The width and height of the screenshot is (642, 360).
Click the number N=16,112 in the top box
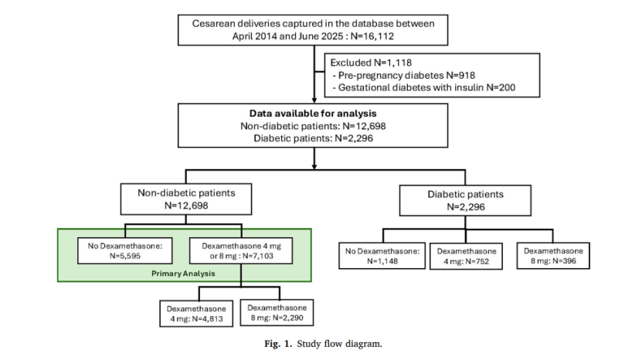(x=372, y=36)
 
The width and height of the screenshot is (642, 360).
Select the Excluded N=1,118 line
(x=371, y=63)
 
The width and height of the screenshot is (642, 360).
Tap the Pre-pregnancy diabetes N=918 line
(x=404, y=76)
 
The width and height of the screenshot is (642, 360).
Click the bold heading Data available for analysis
(x=313, y=114)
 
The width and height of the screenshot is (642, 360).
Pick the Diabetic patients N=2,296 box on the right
(x=465, y=200)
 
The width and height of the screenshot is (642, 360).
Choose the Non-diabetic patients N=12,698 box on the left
(x=186, y=199)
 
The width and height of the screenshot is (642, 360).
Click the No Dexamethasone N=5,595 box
(x=125, y=250)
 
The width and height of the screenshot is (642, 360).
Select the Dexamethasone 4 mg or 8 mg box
(x=241, y=250)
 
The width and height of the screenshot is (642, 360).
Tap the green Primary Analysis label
(x=183, y=273)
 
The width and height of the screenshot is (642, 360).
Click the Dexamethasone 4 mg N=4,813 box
(x=196, y=314)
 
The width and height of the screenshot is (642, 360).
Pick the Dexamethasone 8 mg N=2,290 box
(x=277, y=313)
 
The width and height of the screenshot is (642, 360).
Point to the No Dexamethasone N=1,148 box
(x=382, y=256)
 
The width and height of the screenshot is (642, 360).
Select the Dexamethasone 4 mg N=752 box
(x=466, y=256)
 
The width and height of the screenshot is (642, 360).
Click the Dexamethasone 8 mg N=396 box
(x=553, y=256)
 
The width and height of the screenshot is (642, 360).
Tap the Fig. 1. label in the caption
(x=278, y=344)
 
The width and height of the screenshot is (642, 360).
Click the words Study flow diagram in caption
(x=339, y=344)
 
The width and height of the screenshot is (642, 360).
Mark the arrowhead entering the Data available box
(x=314, y=100)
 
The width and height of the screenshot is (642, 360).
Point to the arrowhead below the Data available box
(x=314, y=166)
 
